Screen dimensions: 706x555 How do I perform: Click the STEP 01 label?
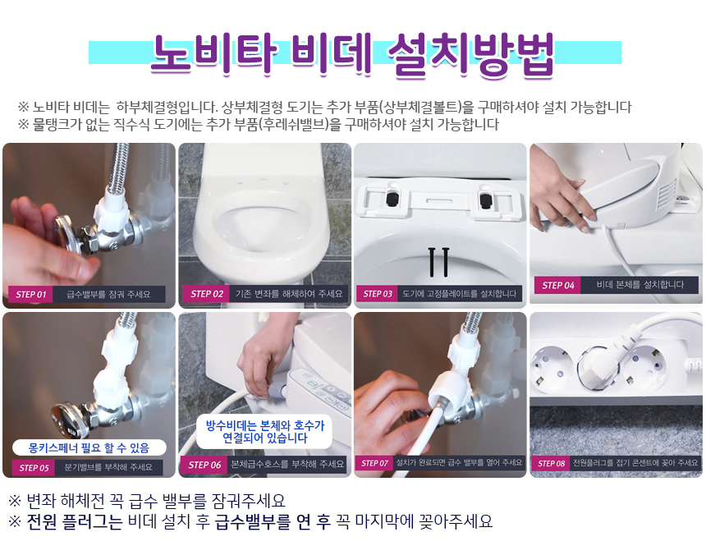[30, 295]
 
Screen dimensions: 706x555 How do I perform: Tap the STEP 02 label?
[207, 294]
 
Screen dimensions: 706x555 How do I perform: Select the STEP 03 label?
[378, 294]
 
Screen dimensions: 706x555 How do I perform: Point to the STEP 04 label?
[558, 285]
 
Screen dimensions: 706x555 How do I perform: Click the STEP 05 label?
[34, 468]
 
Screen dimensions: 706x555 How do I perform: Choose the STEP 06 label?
[204, 465]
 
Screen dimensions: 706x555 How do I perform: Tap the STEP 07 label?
[374, 463]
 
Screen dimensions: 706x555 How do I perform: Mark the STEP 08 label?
[551, 463]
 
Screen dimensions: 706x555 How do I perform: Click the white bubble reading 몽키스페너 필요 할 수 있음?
[89, 448]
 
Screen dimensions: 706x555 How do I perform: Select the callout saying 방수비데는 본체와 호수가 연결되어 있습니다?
[264, 432]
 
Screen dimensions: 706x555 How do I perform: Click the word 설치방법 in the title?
[471, 54]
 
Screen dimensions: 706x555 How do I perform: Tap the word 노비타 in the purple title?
[213, 54]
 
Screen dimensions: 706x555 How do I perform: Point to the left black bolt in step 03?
[431, 262]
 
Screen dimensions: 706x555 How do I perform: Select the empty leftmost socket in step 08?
[552, 367]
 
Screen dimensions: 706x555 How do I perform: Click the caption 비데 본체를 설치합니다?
[640, 285]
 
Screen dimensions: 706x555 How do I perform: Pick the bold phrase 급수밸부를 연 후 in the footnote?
[273, 521]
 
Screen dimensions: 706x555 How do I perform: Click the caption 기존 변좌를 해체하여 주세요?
[289, 294]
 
